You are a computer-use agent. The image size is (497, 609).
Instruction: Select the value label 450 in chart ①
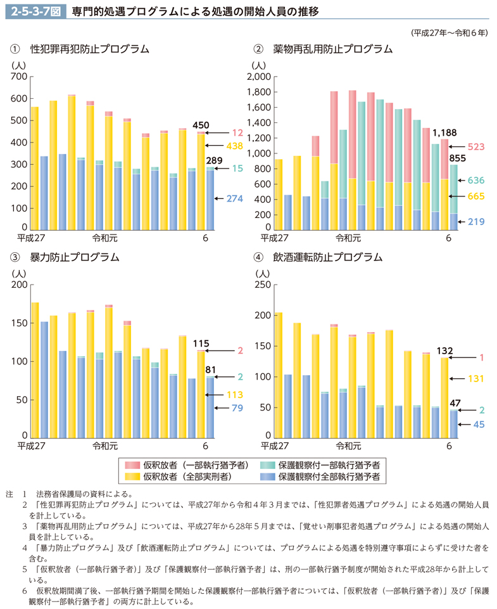(x=200, y=125)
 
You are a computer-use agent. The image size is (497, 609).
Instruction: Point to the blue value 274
(x=235, y=198)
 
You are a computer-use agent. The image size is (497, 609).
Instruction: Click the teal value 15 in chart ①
(x=236, y=169)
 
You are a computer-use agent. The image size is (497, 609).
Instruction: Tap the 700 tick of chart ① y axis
(x=20, y=77)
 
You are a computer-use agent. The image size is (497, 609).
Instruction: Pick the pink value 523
(x=475, y=147)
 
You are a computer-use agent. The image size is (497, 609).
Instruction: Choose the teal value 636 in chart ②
(x=475, y=181)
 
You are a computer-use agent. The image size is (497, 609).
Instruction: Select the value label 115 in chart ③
(x=201, y=342)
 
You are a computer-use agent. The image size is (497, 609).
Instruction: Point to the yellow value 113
(x=236, y=394)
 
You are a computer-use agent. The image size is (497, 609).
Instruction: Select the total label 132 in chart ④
(x=445, y=350)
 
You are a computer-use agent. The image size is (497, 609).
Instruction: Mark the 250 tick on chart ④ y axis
(x=261, y=285)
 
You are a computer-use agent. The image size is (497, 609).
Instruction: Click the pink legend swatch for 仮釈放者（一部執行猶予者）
(x=131, y=465)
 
